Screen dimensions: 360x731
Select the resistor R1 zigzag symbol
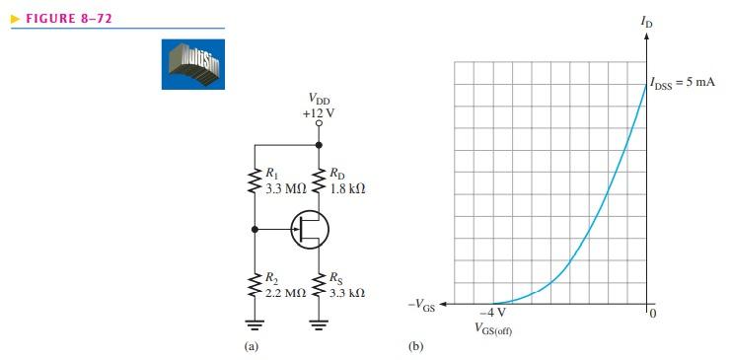(256, 180)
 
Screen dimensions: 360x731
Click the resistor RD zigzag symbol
(318, 180)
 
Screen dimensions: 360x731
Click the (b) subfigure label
(415, 347)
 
